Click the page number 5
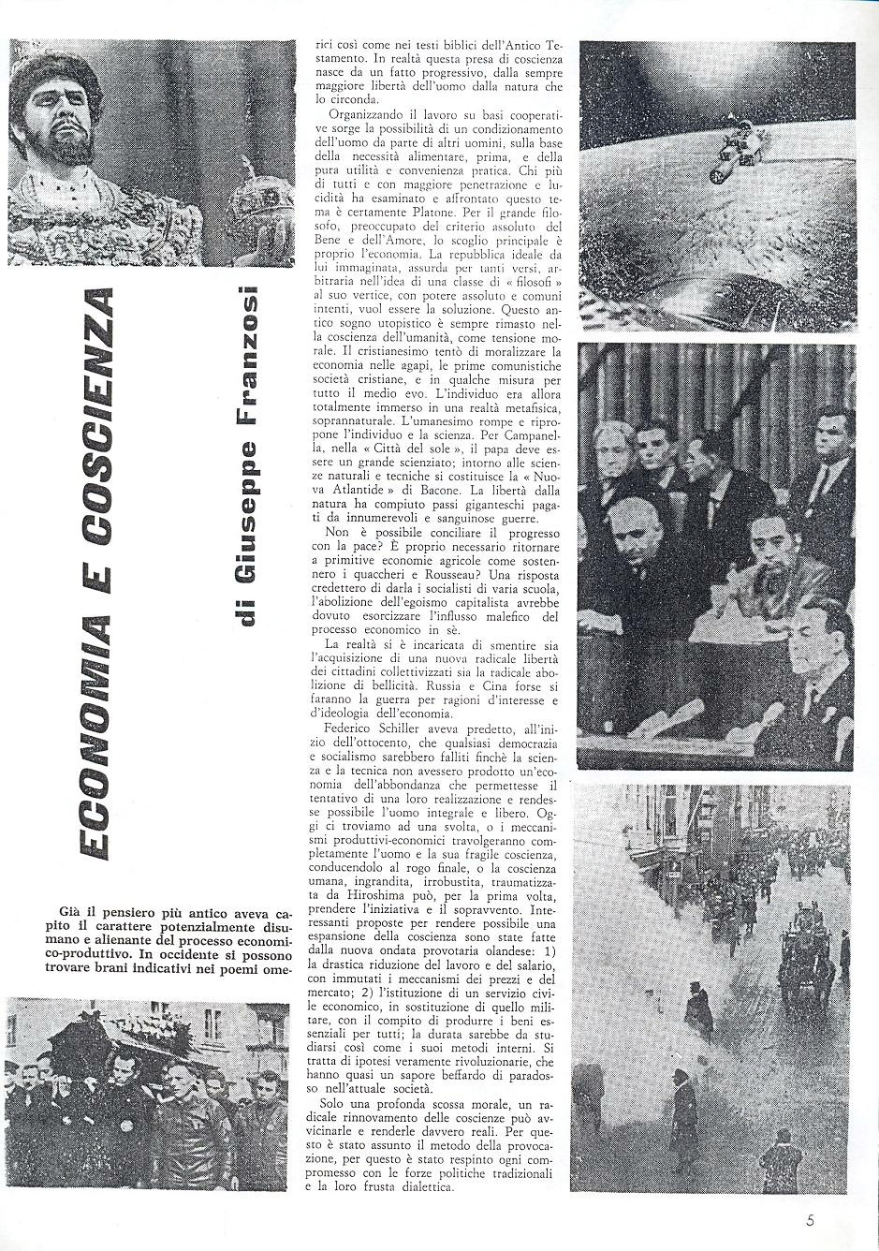(810, 1220)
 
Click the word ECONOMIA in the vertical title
(97, 720)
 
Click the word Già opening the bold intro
(56, 913)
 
